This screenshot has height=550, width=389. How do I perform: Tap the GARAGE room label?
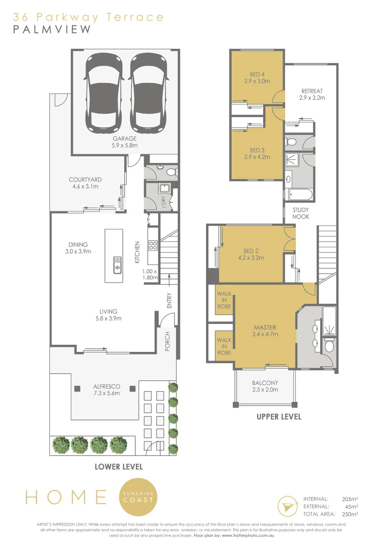125,142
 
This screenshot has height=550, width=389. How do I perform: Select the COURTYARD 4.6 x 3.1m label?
86,183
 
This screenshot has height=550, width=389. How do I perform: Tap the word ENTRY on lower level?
170,299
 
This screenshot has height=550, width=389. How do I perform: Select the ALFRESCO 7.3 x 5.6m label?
107,390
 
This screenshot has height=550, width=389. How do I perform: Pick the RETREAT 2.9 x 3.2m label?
312,94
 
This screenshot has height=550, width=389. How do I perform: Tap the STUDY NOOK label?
300,213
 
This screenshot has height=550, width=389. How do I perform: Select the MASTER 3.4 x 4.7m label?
265,331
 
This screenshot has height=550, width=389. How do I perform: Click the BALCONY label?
265,386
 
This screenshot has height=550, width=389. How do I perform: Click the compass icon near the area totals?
287,507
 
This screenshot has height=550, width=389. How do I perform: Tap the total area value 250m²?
350,514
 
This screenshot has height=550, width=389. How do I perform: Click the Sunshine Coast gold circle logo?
138,497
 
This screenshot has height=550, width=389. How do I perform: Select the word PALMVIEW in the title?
52,30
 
